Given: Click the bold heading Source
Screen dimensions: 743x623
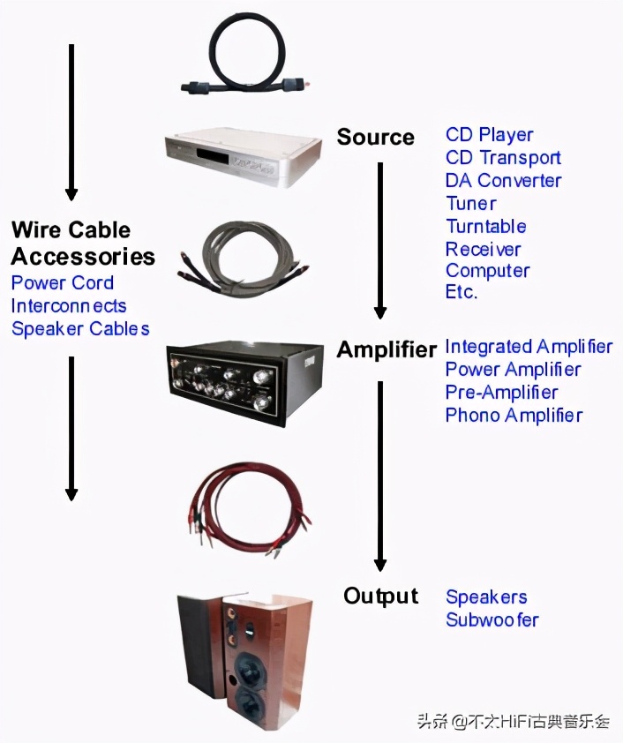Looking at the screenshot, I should pyautogui.click(x=375, y=137).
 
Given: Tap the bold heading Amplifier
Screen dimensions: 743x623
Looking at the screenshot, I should pyautogui.click(x=386, y=350).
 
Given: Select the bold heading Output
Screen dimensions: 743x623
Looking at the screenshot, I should pyautogui.click(x=380, y=597).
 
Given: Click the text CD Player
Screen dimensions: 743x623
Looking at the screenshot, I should pyautogui.click(x=489, y=135).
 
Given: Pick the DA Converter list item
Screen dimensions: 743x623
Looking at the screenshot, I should pyautogui.click(x=503, y=180).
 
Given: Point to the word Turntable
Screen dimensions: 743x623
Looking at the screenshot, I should pyautogui.click(x=485, y=227).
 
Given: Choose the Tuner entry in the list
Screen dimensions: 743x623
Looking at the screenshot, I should pyautogui.click(x=470, y=204).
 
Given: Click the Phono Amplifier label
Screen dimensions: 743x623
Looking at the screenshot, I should pyautogui.click(x=514, y=415).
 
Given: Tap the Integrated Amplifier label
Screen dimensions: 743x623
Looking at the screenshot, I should pyautogui.click(x=529, y=347).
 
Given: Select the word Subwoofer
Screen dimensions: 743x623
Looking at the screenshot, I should pyautogui.click(x=492, y=619).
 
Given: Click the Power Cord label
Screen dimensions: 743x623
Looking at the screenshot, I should pyautogui.click(x=63, y=283).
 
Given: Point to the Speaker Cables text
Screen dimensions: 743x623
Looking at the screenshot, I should pyautogui.click(x=80, y=329).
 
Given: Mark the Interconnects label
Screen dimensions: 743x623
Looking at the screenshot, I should pyautogui.click(x=69, y=306).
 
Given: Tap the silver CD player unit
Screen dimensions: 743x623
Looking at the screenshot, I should pyautogui.click(x=241, y=157).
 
